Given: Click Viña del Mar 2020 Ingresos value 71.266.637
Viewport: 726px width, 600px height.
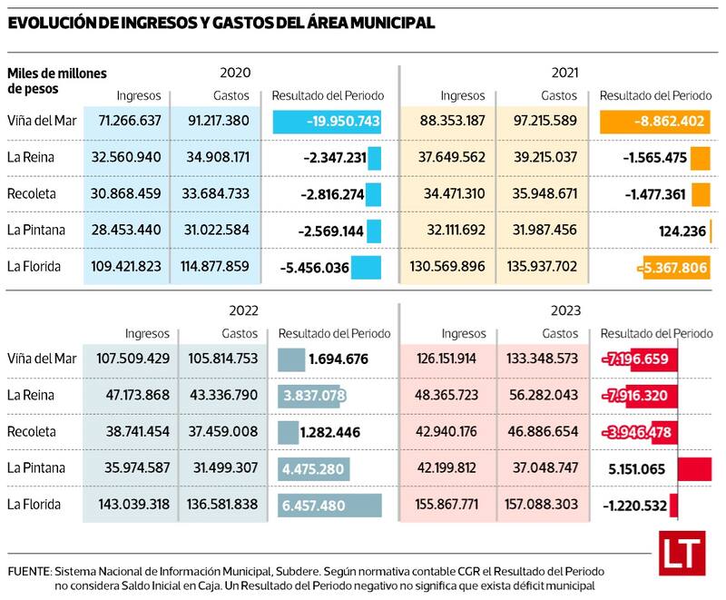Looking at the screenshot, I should click(126, 121).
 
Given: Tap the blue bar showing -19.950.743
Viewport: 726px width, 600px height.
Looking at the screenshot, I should click(327, 121).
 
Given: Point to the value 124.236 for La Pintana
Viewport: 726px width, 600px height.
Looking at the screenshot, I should click(682, 231).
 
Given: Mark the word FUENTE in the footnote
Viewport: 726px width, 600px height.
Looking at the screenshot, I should click(28, 572).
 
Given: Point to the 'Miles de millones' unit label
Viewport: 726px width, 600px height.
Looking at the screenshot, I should click(57, 73).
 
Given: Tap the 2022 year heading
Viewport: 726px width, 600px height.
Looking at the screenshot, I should click(243, 310).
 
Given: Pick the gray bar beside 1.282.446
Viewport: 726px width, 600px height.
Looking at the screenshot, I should click(289, 431).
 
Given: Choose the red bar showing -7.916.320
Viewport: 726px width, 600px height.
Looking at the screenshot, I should click(640, 395).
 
